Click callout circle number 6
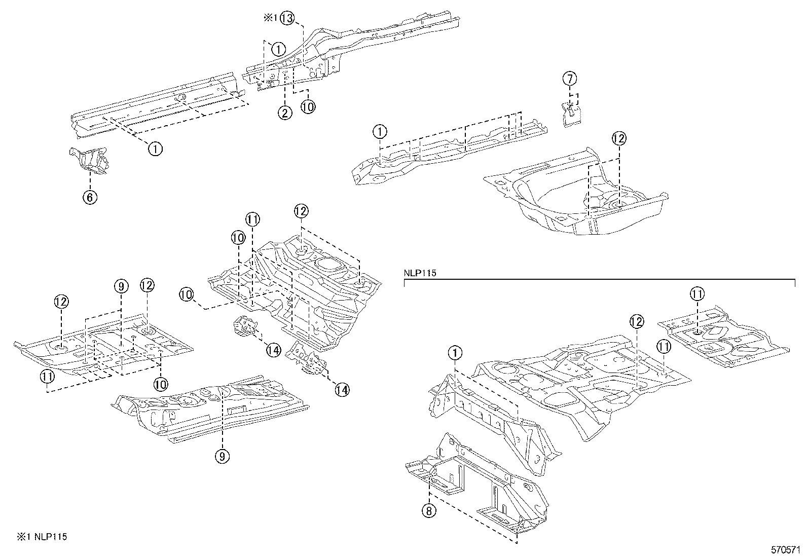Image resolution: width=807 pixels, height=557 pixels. point(90,197)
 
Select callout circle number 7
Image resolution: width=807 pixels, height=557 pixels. point(570,79)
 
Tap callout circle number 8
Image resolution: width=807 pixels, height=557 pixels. point(428,511)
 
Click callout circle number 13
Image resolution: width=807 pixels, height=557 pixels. point(286,19)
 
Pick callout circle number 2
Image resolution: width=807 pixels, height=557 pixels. point(284,113)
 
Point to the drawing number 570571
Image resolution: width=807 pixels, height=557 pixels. point(785,549)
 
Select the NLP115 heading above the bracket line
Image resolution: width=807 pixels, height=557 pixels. point(420,273)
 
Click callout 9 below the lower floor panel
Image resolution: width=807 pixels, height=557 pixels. point(222,456)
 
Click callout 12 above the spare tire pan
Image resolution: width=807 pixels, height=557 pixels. point(618,138)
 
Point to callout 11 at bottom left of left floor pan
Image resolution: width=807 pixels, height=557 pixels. point(47,376)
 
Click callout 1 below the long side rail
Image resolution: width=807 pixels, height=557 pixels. point(155,148)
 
